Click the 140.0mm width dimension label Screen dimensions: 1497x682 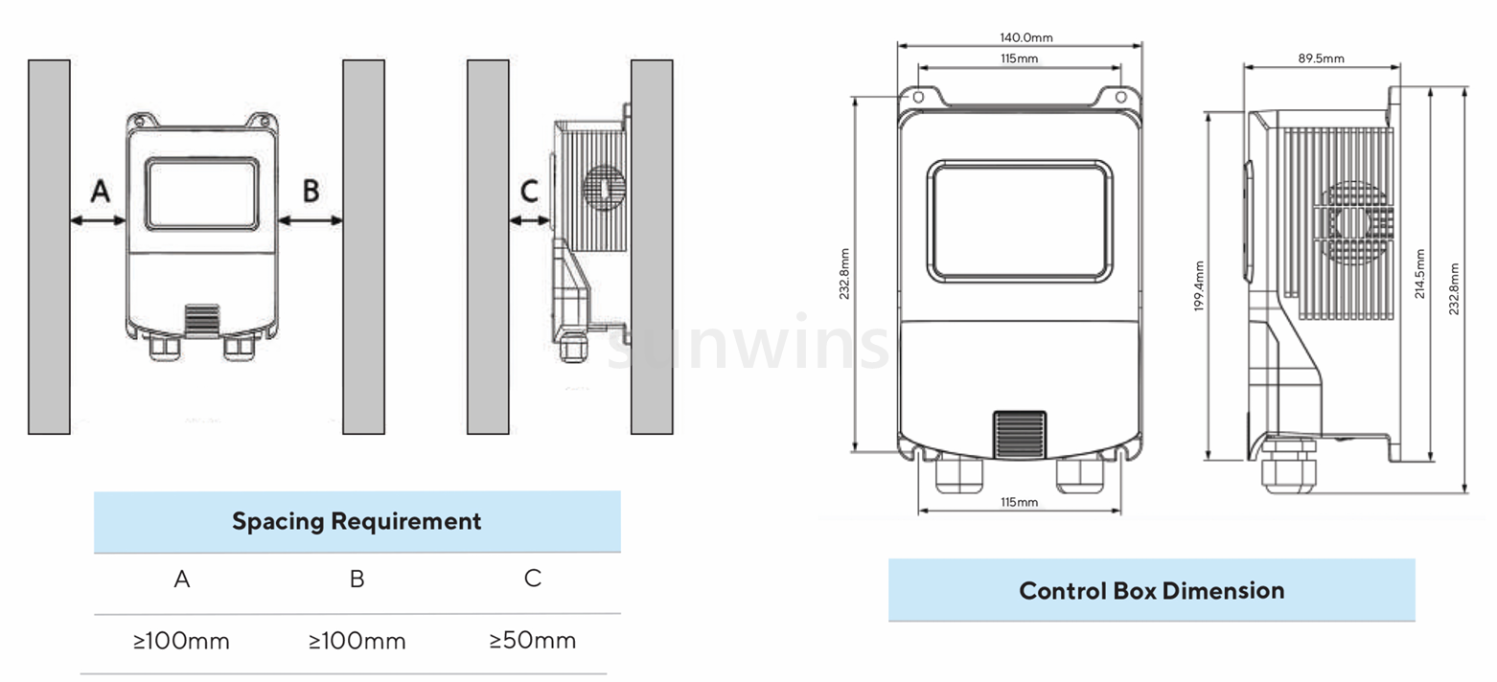tap(1025, 37)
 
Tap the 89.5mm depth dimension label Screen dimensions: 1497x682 tap(1322, 58)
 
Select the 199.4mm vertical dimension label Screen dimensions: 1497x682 tap(1199, 285)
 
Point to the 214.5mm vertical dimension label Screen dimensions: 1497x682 tap(1419, 274)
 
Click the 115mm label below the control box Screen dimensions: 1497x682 tap(1019, 502)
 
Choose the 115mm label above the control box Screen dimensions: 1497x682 tap(1019, 58)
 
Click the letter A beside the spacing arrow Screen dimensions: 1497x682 tap(101, 191)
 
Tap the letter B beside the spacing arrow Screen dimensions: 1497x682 tap(311, 191)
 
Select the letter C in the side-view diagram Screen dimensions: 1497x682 tap(529, 192)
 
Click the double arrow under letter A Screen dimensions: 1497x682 tap(99, 219)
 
